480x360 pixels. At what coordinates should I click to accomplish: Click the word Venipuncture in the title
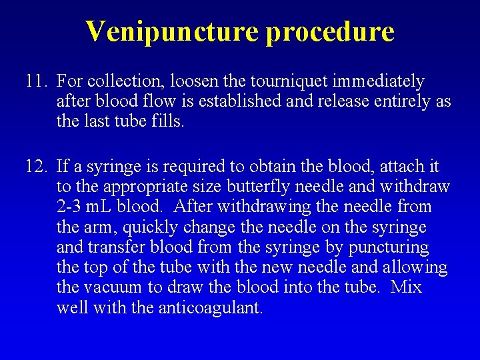172,31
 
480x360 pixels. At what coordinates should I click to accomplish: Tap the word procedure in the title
330,31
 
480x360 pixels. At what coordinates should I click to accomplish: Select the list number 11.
36,82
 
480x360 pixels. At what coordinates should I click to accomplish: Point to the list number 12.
36,166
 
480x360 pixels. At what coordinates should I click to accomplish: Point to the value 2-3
70,207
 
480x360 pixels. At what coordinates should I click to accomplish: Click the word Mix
406,289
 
